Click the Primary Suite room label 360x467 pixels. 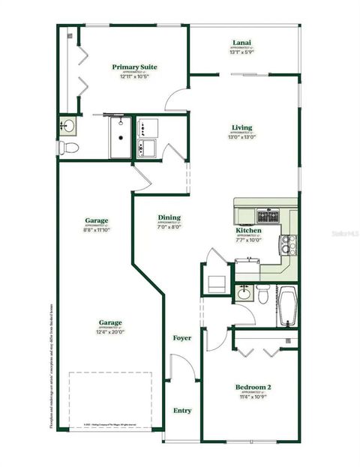pos(134,67)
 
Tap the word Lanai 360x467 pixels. pos(241,43)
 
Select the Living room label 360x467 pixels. pos(241,127)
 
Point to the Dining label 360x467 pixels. pos(169,217)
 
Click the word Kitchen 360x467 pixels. pos(248,230)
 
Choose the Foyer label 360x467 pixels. pos(181,338)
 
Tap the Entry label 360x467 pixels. pos(182,410)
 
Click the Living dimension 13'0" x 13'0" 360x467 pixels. pos(242,137)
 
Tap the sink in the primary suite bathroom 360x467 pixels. pos(68,125)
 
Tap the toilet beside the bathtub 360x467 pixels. pos(262,295)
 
